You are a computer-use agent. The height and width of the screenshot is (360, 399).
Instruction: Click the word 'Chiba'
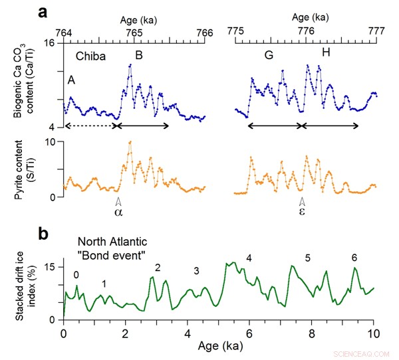[x=92, y=58]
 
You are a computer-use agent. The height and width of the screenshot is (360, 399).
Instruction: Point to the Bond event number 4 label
[x=249, y=258]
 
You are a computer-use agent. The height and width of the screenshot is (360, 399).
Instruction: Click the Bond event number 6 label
[x=354, y=258]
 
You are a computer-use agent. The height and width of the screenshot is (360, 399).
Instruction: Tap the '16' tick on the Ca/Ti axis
[x=50, y=43]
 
